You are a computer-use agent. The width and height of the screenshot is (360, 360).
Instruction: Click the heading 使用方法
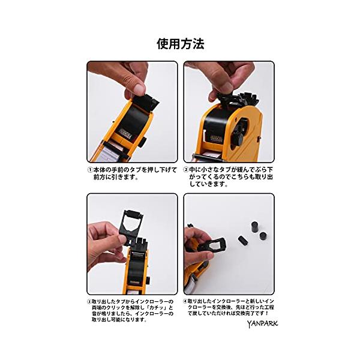point(181,44)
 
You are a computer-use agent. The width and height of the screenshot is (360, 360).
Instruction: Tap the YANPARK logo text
point(262,324)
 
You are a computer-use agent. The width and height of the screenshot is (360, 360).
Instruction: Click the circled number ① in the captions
point(90,170)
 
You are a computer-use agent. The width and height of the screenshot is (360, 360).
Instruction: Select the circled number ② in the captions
point(186,170)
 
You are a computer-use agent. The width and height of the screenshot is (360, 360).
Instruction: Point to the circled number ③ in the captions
point(89,302)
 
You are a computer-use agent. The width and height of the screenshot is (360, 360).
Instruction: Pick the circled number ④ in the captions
point(185,301)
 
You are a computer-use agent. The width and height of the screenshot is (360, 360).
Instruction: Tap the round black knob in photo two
point(238,138)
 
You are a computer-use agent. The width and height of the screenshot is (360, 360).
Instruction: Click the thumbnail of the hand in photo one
point(140,89)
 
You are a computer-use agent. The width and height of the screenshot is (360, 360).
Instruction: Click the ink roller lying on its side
point(242,240)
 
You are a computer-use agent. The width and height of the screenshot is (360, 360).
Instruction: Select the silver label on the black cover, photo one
point(126,133)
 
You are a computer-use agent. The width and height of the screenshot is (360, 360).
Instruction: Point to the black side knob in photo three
point(149,280)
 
